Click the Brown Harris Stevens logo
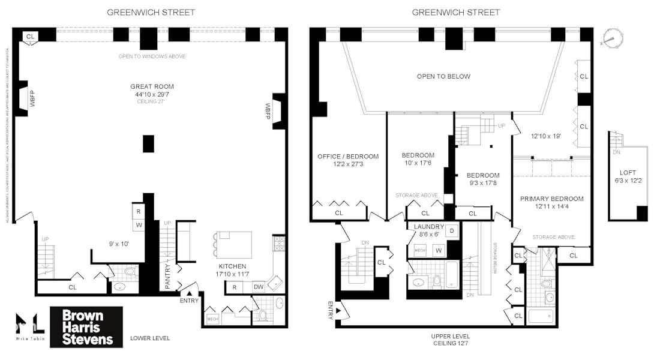click(x=86, y=327)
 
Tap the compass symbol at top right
click(x=610, y=38)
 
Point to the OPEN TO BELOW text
click(x=443, y=76)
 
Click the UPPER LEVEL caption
click(x=450, y=340)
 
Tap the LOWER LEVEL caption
click(x=150, y=338)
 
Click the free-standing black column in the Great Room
click(x=148, y=143)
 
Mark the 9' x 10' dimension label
click(x=113, y=244)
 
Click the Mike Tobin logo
click(x=29, y=328)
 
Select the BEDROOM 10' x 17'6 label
click(x=418, y=159)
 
